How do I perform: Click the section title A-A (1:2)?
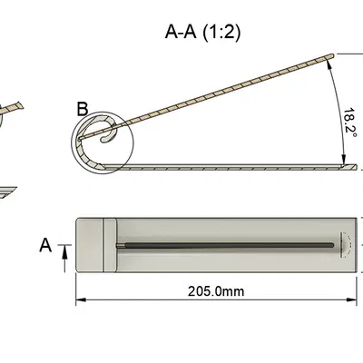point(203,32)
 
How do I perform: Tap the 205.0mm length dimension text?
point(216,291)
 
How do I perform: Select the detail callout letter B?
point(83,109)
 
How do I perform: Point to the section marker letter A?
point(45,245)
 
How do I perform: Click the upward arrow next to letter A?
point(64,258)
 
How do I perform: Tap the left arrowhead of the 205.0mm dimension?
point(80,299)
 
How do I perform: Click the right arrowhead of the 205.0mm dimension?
point(352,299)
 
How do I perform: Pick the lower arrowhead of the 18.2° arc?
point(344,160)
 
